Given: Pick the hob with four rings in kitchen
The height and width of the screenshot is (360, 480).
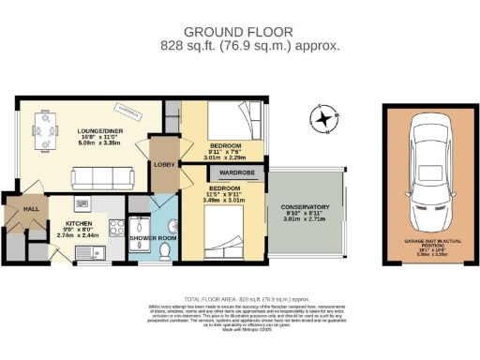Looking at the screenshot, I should coord(116,227).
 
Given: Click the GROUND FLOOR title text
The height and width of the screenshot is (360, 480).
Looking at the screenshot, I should coord(239,32).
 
